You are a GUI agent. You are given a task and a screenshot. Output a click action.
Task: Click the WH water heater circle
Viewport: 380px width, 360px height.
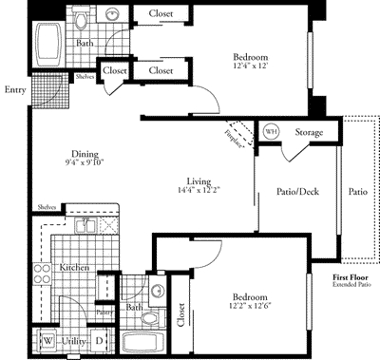tap(271, 131)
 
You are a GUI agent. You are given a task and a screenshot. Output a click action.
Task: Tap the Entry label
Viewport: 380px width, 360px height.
tap(14, 90)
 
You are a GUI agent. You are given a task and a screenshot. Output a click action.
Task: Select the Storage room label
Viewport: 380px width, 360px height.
tap(309, 132)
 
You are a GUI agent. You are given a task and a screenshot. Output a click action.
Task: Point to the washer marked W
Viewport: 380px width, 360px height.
tap(47, 339)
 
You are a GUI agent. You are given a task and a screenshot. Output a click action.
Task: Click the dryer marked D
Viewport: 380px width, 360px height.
tap(100, 339)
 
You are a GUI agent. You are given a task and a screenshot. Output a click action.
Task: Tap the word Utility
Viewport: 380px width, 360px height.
tap(73, 339)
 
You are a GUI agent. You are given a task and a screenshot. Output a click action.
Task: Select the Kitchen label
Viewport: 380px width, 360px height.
tap(75, 268)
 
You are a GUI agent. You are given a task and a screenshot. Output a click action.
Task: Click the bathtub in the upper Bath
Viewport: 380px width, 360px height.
tap(47, 46)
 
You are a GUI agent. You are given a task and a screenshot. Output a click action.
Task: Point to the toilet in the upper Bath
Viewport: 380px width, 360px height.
tap(82, 19)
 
